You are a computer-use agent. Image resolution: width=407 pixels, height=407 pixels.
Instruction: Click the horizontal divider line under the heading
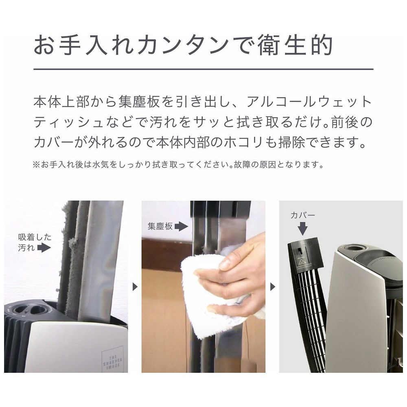coord(203,69)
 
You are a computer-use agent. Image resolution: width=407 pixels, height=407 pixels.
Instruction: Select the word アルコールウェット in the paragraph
coord(309,102)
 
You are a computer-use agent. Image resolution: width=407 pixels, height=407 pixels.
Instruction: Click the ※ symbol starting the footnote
coord(36,164)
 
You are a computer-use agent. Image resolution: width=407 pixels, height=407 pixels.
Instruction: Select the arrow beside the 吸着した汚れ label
coord(44,248)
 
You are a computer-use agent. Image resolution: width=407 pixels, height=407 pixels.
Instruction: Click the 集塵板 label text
coord(160,226)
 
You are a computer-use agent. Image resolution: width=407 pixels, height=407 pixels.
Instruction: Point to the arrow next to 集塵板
coord(181,226)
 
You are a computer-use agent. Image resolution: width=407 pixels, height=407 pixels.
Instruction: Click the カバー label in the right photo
coord(303,215)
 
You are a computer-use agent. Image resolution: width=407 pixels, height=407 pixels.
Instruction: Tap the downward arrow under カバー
coord(302,228)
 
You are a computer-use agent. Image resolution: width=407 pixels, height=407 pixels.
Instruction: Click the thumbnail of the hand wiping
coord(203,287)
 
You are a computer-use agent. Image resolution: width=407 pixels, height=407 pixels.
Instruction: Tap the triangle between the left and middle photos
coord(135,287)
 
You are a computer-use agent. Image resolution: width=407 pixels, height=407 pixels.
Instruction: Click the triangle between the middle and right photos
coord(273,287)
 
